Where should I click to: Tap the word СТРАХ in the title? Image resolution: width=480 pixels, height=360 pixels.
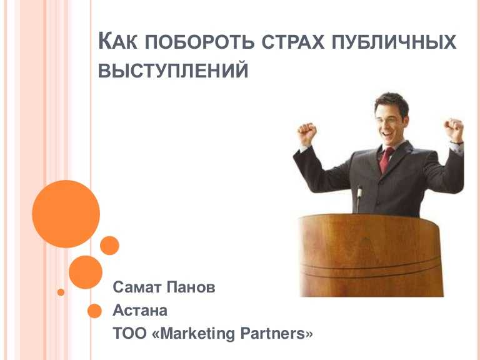(293, 42)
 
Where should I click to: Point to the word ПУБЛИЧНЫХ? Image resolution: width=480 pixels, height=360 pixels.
(394, 42)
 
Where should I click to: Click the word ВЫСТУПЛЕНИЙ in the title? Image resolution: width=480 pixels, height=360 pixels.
(173, 71)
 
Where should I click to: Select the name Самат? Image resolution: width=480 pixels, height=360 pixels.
(137, 287)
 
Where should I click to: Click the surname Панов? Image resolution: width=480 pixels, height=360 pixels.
(191, 287)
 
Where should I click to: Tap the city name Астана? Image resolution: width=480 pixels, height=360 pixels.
(140, 311)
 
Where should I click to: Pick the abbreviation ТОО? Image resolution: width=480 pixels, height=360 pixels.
(130, 333)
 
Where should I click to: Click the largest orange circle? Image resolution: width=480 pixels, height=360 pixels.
(66, 214)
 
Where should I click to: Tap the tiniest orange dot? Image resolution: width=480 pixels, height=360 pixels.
(61, 292)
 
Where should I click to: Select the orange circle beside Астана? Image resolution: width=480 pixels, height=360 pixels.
(94, 311)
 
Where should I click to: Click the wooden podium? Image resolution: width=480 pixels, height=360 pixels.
(371, 255)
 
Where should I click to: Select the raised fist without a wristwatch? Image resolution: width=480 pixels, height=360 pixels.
(307, 134)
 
